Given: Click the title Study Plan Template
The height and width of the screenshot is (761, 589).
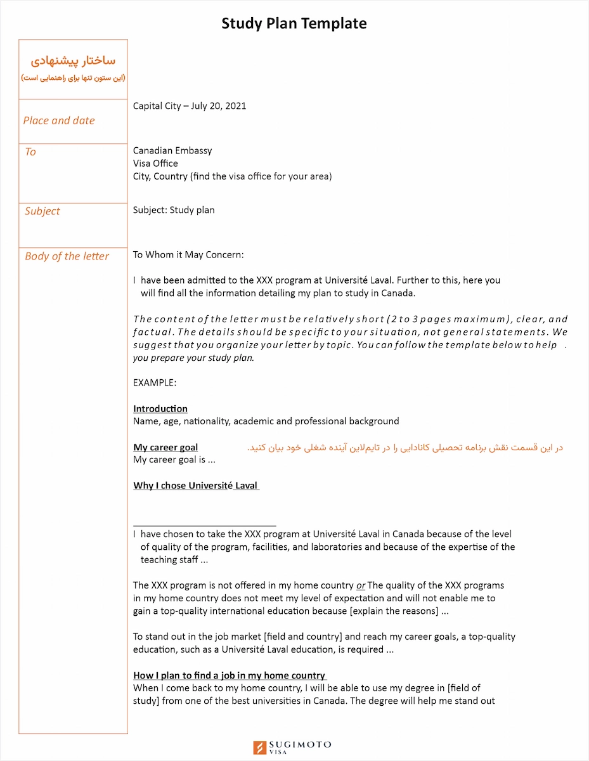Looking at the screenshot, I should click(x=294, y=23).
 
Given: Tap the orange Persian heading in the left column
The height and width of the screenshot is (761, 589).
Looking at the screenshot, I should click(x=73, y=61).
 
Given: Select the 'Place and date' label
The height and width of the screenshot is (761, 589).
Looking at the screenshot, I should click(x=59, y=120).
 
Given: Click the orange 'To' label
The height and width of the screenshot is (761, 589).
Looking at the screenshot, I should click(x=30, y=152).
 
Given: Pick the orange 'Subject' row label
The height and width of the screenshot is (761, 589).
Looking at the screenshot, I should click(x=42, y=211).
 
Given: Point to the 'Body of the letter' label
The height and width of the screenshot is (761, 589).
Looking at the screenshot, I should click(x=67, y=256).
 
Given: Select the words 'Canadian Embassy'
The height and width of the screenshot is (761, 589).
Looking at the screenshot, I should click(x=172, y=150).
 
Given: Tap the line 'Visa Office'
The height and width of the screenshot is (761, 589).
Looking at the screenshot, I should click(x=155, y=164).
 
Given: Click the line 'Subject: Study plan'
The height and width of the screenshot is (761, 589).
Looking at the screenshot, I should click(x=174, y=210).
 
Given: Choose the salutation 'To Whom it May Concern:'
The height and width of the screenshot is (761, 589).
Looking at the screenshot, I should click(x=188, y=255).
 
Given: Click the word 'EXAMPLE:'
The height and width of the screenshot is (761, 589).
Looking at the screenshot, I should click(x=155, y=383).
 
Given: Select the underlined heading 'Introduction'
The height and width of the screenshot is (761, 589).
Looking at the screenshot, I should click(x=160, y=409).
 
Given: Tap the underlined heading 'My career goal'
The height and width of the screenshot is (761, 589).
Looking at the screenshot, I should click(x=165, y=448).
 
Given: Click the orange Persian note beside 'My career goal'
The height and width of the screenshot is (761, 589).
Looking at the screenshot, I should click(x=405, y=448).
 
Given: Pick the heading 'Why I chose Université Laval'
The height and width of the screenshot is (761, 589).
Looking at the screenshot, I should click(x=196, y=486).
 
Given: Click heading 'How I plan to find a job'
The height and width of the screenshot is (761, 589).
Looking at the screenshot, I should click(x=230, y=675).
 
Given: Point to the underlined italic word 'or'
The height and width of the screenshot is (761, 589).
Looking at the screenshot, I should click(x=361, y=586).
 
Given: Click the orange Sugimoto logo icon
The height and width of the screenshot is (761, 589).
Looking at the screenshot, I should click(x=259, y=748).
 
